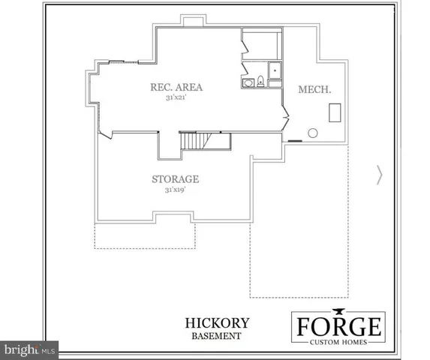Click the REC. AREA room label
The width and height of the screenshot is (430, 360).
click(x=176, y=87)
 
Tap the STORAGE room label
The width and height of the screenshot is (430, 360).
click(x=175, y=179)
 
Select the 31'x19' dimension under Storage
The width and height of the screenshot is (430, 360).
click(x=175, y=190)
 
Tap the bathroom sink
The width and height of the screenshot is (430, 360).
click(x=245, y=82)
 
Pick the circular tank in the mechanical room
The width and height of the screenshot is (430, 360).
click(x=313, y=133)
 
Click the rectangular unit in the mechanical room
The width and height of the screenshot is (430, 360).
click(x=335, y=113)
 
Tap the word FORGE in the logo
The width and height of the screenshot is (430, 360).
click(x=339, y=327)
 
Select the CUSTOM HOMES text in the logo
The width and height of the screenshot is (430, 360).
click(x=339, y=343)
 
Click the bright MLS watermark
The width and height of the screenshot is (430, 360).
click(x=30, y=349)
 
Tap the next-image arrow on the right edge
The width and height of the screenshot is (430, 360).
click(x=379, y=175)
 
